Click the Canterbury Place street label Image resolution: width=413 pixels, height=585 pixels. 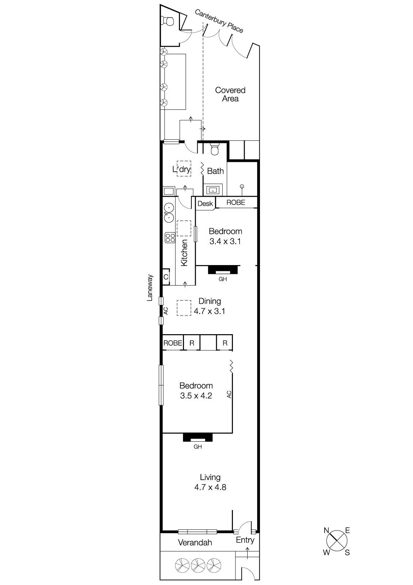click(219, 21)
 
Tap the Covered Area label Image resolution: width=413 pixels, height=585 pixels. click(230, 94)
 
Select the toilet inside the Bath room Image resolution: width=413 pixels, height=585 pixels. click(215, 149)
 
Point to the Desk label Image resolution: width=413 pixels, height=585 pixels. click(205, 204)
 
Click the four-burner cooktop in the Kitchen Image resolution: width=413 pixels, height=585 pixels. click(170, 238)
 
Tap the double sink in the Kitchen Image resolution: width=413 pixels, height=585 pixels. click(169, 213)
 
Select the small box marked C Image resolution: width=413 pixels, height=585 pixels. click(166, 277)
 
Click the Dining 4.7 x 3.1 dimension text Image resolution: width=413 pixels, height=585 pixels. click(210, 312)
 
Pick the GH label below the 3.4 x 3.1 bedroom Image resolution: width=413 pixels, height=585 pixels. click(222, 279)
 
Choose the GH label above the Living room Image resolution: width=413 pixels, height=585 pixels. click(198, 446)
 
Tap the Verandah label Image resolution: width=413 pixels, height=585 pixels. click(195, 543)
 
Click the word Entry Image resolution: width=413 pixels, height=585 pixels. click(245, 540)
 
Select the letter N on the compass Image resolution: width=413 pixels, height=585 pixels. click(327, 530)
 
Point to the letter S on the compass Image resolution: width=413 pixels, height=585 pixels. click(347, 552)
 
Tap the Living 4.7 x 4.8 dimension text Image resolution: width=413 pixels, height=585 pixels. click(210, 487)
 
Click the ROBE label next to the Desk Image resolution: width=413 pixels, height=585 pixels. click(236, 202)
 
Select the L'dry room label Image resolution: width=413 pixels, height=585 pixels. click(181, 169)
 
